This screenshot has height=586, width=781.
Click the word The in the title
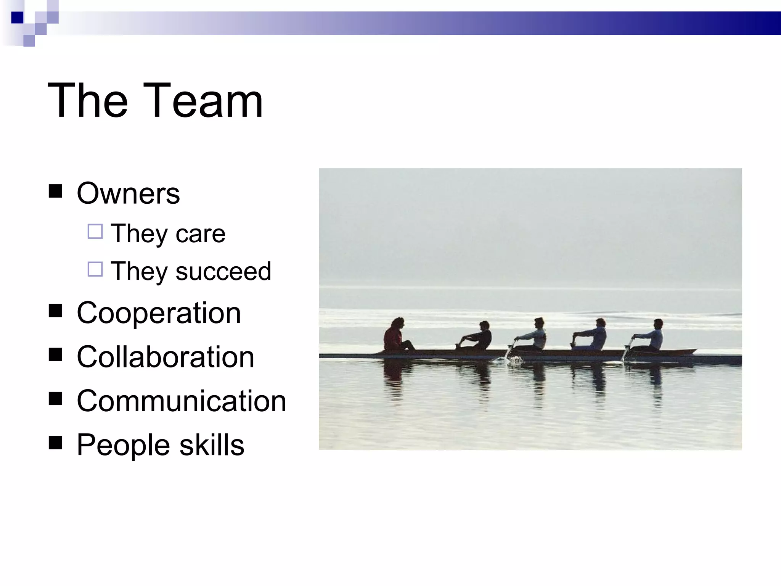click(88, 101)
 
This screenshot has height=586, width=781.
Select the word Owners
click(128, 193)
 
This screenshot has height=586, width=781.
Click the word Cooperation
click(159, 313)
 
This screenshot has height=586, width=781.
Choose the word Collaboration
click(165, 357)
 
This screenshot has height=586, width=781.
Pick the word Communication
click(181, 401)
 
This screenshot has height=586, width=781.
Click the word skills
click(212, 445)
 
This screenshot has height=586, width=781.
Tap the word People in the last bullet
click(123, 445)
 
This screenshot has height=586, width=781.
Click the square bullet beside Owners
click(56, 191)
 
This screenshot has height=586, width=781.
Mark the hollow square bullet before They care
click(95, 232)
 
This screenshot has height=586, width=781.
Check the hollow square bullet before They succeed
click(95, 269)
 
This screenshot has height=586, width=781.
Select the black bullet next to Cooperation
click(56, 311)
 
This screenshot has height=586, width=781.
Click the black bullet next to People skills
click(56, 443)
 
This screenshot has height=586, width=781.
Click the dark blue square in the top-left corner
click(18, 18)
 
